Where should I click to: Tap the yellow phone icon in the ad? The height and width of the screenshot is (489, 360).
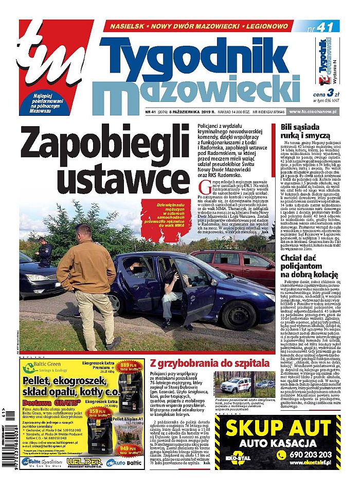(282, 455)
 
